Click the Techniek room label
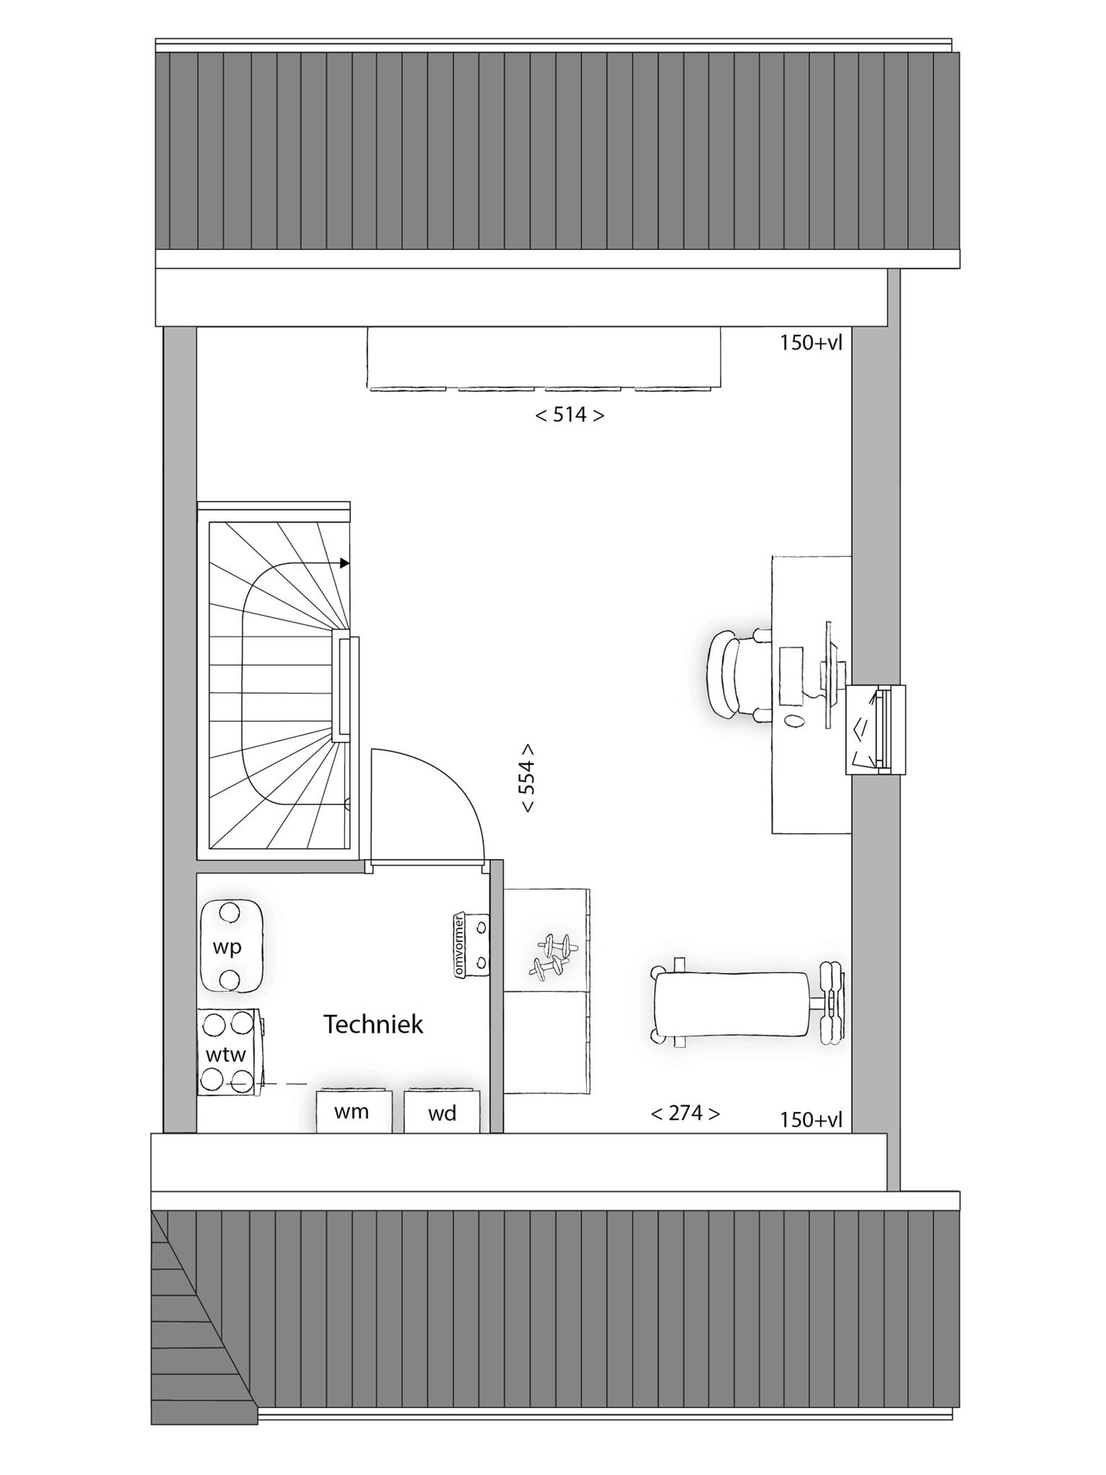(x=373, y=1024)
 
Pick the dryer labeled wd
(x=441, y=1110)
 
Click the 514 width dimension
(x=570, y=415)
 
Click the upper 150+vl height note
(x=811, y=343)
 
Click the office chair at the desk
(x=736, y=675)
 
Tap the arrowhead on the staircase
(x=345, y=564)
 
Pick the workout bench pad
(x=731, y=1005)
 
